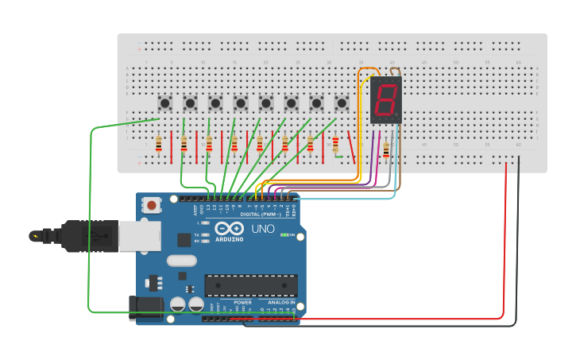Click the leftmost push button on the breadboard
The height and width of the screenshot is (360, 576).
(x=165, y=103)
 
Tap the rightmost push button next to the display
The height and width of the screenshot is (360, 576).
(x=342, y=103)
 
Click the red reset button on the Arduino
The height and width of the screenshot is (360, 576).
(x=151, y=205)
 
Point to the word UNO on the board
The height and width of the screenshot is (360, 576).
(x=262, y=229)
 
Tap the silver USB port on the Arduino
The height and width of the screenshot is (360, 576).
(x=140, y=236)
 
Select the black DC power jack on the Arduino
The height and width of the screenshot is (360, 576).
(x=147, y=308)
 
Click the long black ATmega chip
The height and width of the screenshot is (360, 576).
(x=251, y=285)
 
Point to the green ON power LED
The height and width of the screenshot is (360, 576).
(x=284, y=235)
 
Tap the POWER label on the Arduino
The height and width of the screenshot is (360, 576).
(x=243, y=303)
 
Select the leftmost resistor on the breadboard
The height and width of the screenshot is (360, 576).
(x=159, y=144)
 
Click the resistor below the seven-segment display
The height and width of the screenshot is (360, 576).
(x=386, y=149)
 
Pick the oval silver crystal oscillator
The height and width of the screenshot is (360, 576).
(x=181, y=260)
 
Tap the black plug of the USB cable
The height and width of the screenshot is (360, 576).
(x=87, y=236)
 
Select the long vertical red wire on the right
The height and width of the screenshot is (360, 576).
(x=505, y=238)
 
